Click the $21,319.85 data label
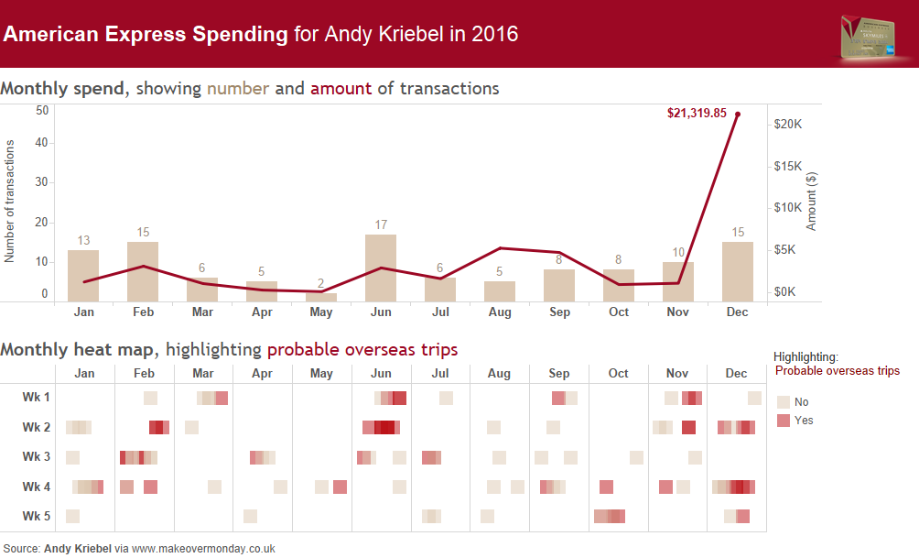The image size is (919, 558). click(697, 114)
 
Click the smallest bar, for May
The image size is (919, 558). click(321, 297)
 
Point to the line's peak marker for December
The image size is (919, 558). click(738, 115)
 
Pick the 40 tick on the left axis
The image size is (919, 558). click(42, 142)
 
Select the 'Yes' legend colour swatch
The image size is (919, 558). click(784, 421)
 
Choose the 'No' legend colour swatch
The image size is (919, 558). click(784, 402)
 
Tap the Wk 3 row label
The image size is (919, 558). click(37, 457)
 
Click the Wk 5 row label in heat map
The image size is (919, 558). click(37, 516)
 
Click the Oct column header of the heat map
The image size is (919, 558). click(618, 374)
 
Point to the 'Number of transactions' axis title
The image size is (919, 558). click(10, 202)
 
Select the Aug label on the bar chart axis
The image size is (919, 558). click(500, 312)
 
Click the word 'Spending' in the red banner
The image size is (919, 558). click(240, 35)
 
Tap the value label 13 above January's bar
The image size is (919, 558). click(83, 241)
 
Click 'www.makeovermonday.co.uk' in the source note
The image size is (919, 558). click(203, 549)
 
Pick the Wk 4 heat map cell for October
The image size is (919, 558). click(606, 487)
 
